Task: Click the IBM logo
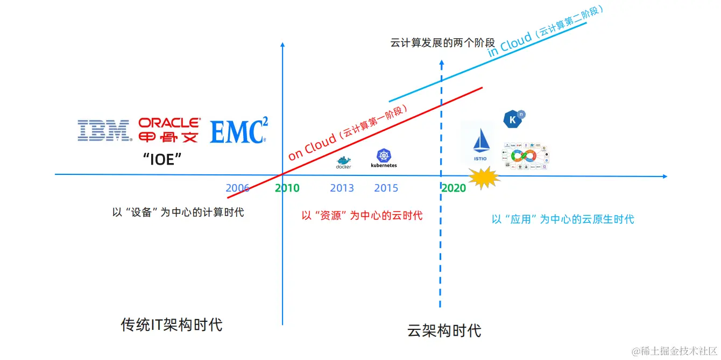(x=104, y=130)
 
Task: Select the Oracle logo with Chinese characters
(x=169, y=130)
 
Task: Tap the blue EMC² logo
(x=238, y=131)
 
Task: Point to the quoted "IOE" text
(x=162, y=159)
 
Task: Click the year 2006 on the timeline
(x=237, y=188)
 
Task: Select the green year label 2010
(x=287, y=188)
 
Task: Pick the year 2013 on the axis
(x=342, y=188)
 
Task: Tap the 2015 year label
(x=386, y=188)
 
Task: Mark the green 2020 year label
(x=454, y=188)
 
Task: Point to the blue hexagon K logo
(x=513, y=119)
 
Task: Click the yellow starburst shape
(x=484, y=178)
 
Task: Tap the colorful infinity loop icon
(x=524, y=156)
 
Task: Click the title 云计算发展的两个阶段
(x=442, y=43)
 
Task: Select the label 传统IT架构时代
(x=171, y=325)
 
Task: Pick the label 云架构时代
(x=444, y=330)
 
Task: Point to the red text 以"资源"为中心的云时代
(x=362, y=216)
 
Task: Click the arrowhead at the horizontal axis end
(x=665, y=177)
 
